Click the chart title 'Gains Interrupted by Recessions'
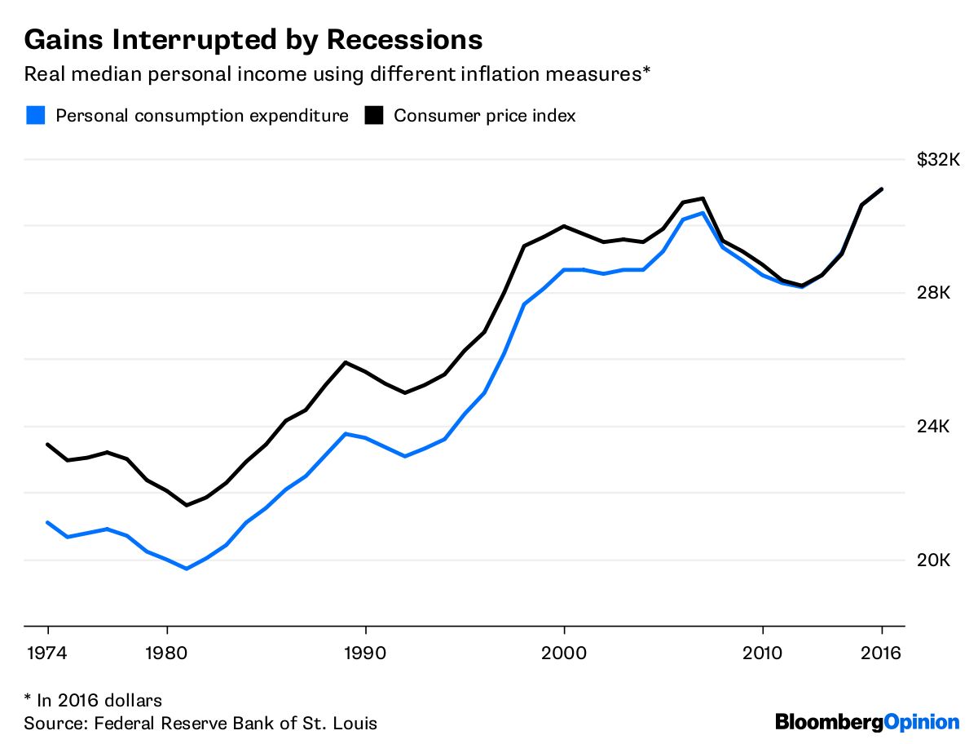(253, 39)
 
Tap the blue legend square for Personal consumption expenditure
(35, 115)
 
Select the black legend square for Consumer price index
(374, 115)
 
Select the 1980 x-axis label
(167, 653)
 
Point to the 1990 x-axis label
(365, 653)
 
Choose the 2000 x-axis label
(564, 653)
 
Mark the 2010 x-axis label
(762, 653)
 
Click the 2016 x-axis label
(882, 653)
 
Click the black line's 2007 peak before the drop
(703, 198)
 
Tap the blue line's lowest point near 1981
(187, 569)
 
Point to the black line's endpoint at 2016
(882, 189)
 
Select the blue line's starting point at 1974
(48, 522)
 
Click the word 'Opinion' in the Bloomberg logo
(922, 722)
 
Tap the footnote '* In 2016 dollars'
(93, 700)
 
